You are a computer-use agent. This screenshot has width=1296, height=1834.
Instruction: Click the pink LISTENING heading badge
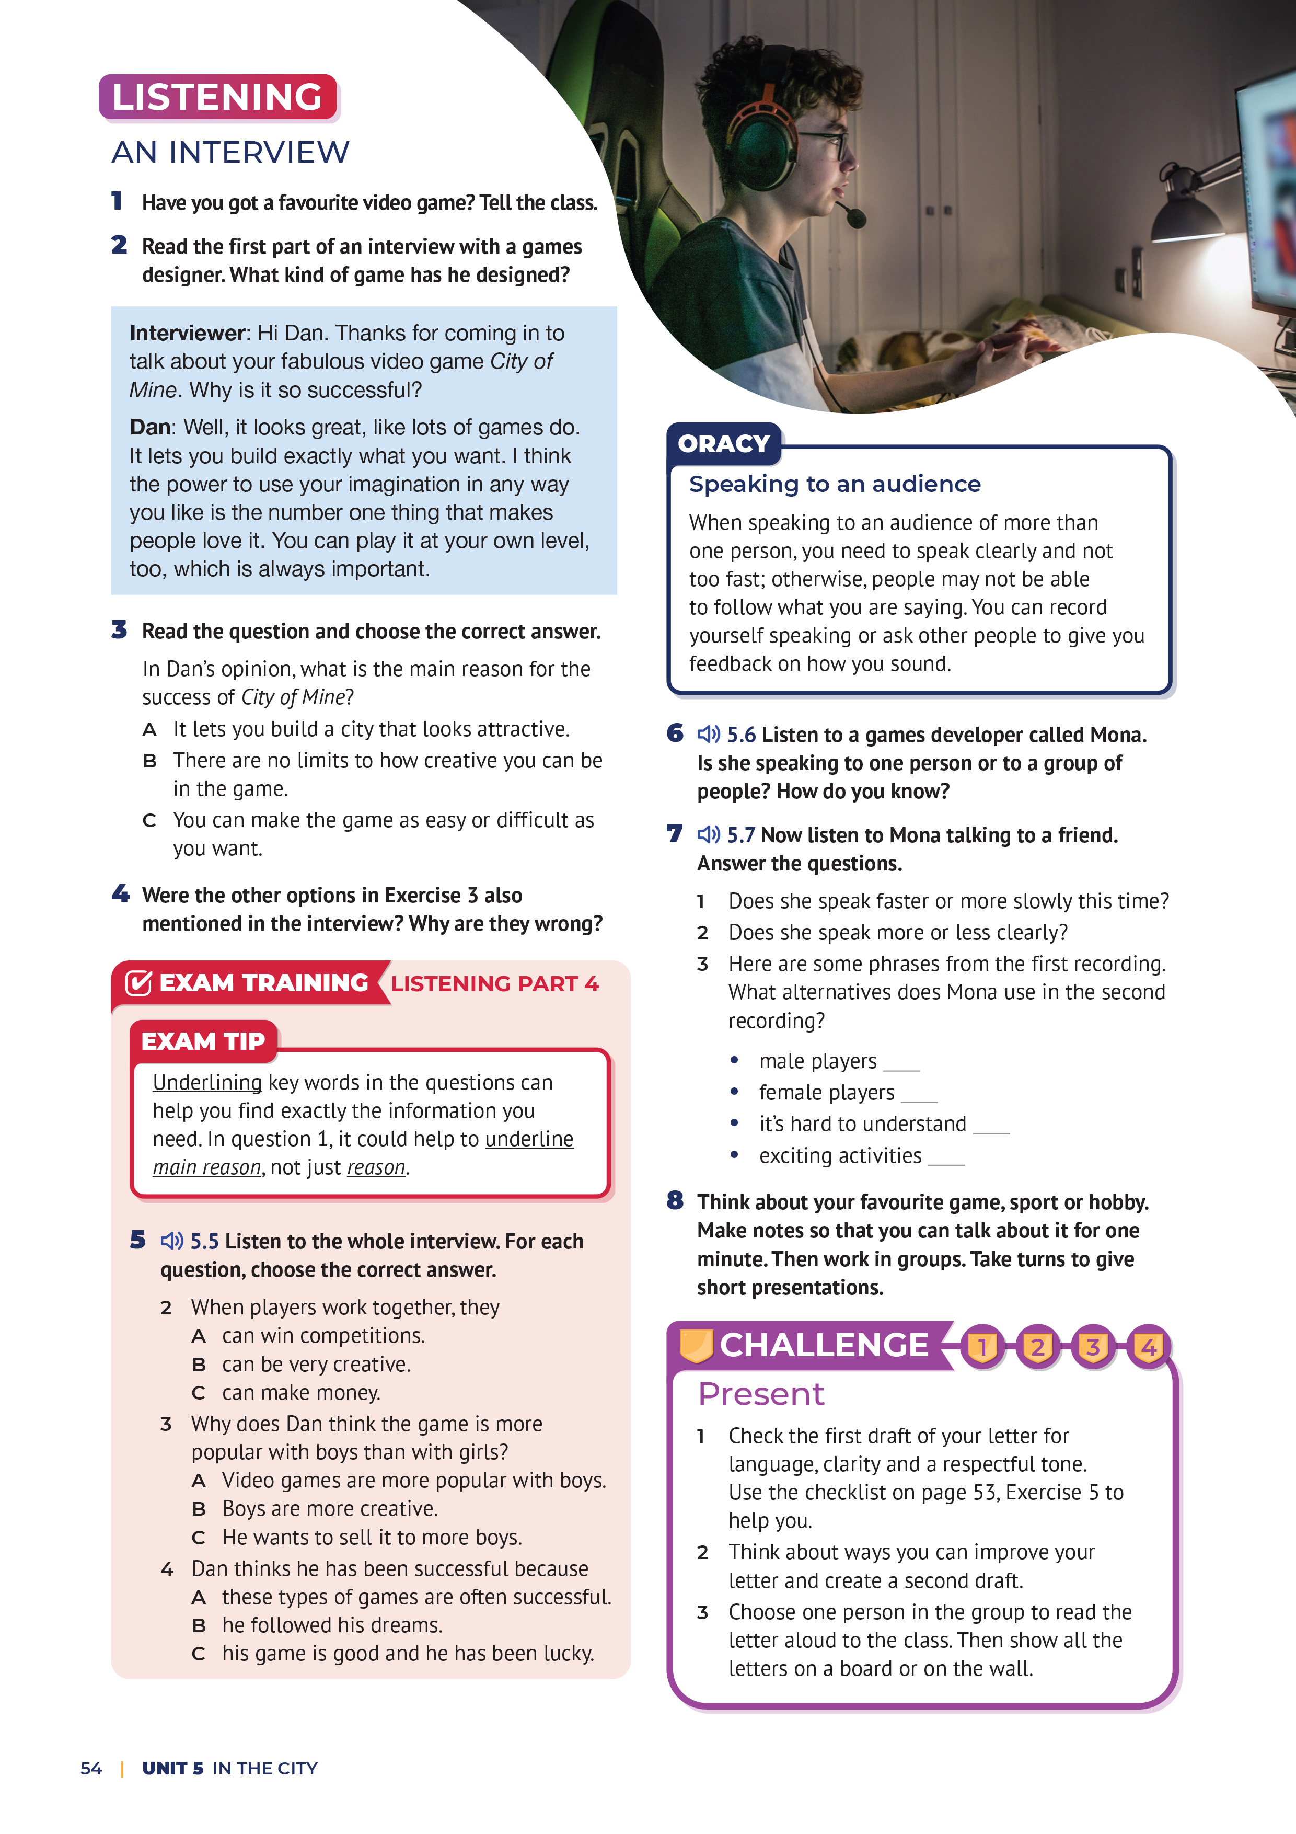pos(217,97)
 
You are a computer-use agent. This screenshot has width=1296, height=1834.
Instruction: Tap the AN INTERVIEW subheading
pos(230,152)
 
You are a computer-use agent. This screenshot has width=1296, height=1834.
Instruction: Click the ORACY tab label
pos(723,443)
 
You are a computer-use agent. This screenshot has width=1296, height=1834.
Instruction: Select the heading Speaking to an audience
pos(835,484)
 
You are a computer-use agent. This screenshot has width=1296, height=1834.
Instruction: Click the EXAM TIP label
pos(203,1041)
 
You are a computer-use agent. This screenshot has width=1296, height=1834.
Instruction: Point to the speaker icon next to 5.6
pos(708,734)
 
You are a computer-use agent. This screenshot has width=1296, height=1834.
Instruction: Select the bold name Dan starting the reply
pos(150,427)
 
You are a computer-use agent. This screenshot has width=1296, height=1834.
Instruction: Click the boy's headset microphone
pos(855,216)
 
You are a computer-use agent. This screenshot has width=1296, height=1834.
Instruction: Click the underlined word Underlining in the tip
pos(207,1082)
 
